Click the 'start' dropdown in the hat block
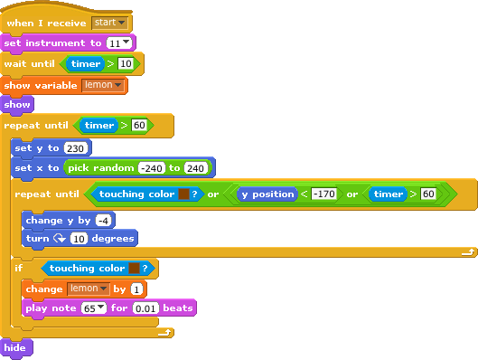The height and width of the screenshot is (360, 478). tap(110, 22)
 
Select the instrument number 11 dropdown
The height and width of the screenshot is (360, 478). tap(118, 43)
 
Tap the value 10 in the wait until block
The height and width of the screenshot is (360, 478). tap(126, 64)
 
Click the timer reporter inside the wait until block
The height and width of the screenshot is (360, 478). tap(87, 64)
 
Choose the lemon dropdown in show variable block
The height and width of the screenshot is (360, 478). tap(103, 85)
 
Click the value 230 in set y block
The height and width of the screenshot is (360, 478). tap(77, 147)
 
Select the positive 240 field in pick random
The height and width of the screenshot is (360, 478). tap(196, 168)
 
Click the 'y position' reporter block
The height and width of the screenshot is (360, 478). tap(267, 194)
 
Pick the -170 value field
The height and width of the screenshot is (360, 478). tap(324, 194)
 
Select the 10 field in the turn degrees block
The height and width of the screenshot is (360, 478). tap(80, 239)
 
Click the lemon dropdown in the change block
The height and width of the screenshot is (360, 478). tap(88, 289)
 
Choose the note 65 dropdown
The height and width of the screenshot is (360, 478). tap(93, 308)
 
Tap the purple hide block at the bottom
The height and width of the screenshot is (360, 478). tap(15, 348)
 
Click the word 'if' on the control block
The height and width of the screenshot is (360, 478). tap(18, 269)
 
